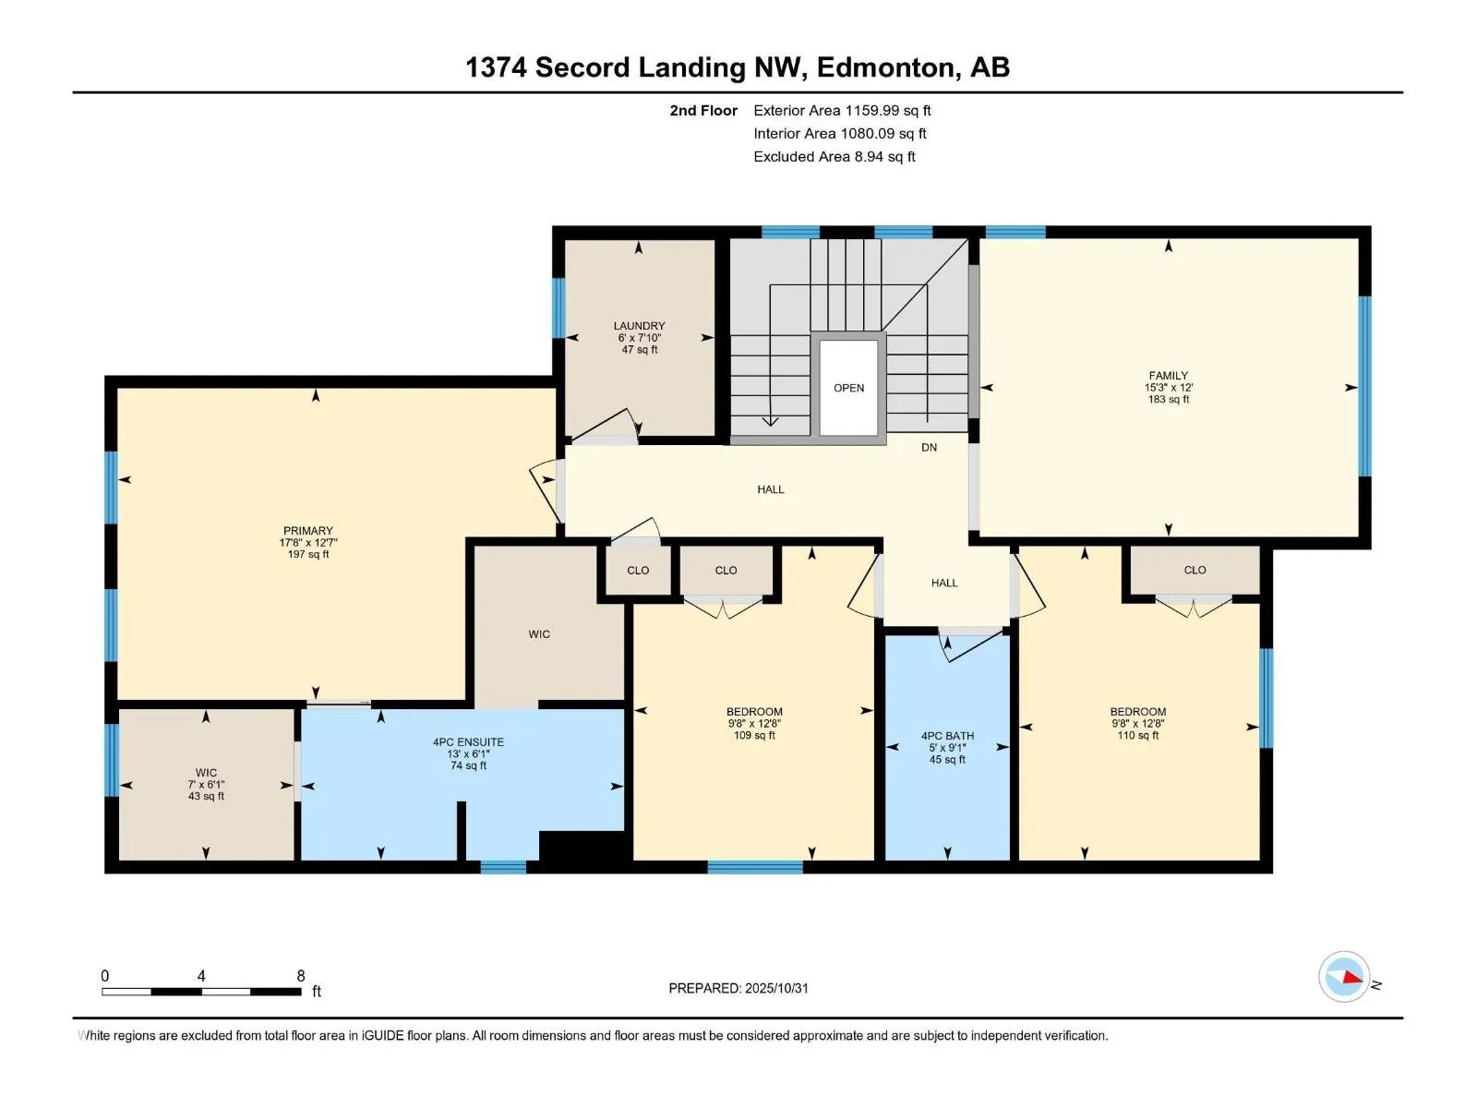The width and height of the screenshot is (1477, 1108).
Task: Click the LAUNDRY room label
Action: tap(639, 326)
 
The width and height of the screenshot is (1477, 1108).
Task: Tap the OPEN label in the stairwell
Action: tap(848, 388)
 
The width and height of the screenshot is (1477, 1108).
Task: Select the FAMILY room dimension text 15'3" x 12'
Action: tap(1168, 388)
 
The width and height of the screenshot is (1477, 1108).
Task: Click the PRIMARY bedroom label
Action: tap(307, 531)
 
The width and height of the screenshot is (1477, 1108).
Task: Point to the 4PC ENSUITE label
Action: tap(468, 741)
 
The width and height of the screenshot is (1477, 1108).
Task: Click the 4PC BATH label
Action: tap(947, 736)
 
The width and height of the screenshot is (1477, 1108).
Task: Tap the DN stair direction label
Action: tap(929, 447)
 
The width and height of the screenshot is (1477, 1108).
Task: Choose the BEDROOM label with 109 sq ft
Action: tap(754, 712)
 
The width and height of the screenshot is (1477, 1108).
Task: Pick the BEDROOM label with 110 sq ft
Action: tap(1137, 712)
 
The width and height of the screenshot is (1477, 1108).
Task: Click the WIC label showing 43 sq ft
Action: tap(206, 773)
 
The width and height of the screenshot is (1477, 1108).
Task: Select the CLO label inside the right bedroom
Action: tap(1195, 570)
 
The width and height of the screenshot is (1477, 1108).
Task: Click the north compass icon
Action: tap(1344, 977)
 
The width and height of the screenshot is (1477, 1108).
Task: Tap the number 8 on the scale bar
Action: tap(301, 975)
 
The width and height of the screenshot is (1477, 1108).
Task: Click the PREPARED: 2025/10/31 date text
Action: tap(738, 988)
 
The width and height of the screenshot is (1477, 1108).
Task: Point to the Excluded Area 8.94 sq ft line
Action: tap(834, 157)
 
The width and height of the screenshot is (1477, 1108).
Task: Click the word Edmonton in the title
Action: tap(885, 67)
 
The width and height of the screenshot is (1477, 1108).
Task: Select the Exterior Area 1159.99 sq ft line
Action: tap(841, 111)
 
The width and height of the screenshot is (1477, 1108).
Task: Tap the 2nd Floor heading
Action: tap(703, 111)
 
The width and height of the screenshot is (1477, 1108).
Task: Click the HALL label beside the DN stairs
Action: tap(770, 489)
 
